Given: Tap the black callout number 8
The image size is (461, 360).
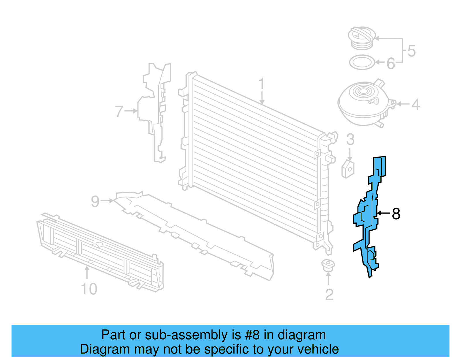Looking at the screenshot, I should [x=396, y=214].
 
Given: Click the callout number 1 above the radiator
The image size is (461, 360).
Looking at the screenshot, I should [x=261, y=84].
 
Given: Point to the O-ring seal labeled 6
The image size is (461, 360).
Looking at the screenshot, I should [x=362, y=62].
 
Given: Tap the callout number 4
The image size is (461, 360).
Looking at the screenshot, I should [x=415, y=104].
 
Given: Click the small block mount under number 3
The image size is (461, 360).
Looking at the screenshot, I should [x=348, y=169].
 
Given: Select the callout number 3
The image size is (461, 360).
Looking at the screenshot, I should [x=350, y=140].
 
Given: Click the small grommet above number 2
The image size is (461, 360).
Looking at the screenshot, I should [x=328, y=265].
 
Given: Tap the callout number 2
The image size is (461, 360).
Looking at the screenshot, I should [x=329, y=295].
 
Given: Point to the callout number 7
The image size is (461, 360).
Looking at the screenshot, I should [x=119, y=112].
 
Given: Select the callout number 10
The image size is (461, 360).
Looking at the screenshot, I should [x=89, y=289].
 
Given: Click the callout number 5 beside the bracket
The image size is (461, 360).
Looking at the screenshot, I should [x=411, y=51].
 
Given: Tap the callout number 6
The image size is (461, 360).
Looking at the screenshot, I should [x=390, y=63].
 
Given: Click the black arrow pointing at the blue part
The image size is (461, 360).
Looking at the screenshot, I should [x=383, y=213].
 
